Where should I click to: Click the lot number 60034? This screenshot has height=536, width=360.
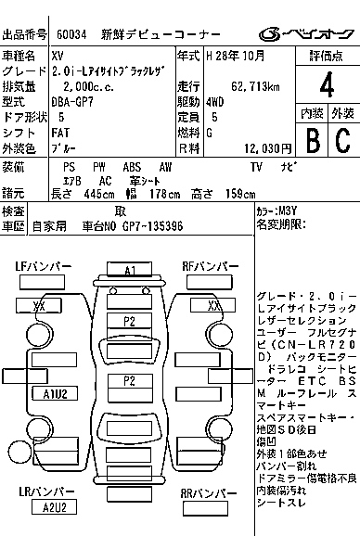tap(73, 35)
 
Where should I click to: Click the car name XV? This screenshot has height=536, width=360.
tap(58, 57)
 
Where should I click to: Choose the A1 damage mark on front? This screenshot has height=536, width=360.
tap(130, 270)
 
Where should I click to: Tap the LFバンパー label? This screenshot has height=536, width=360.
tap(44, 266)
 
